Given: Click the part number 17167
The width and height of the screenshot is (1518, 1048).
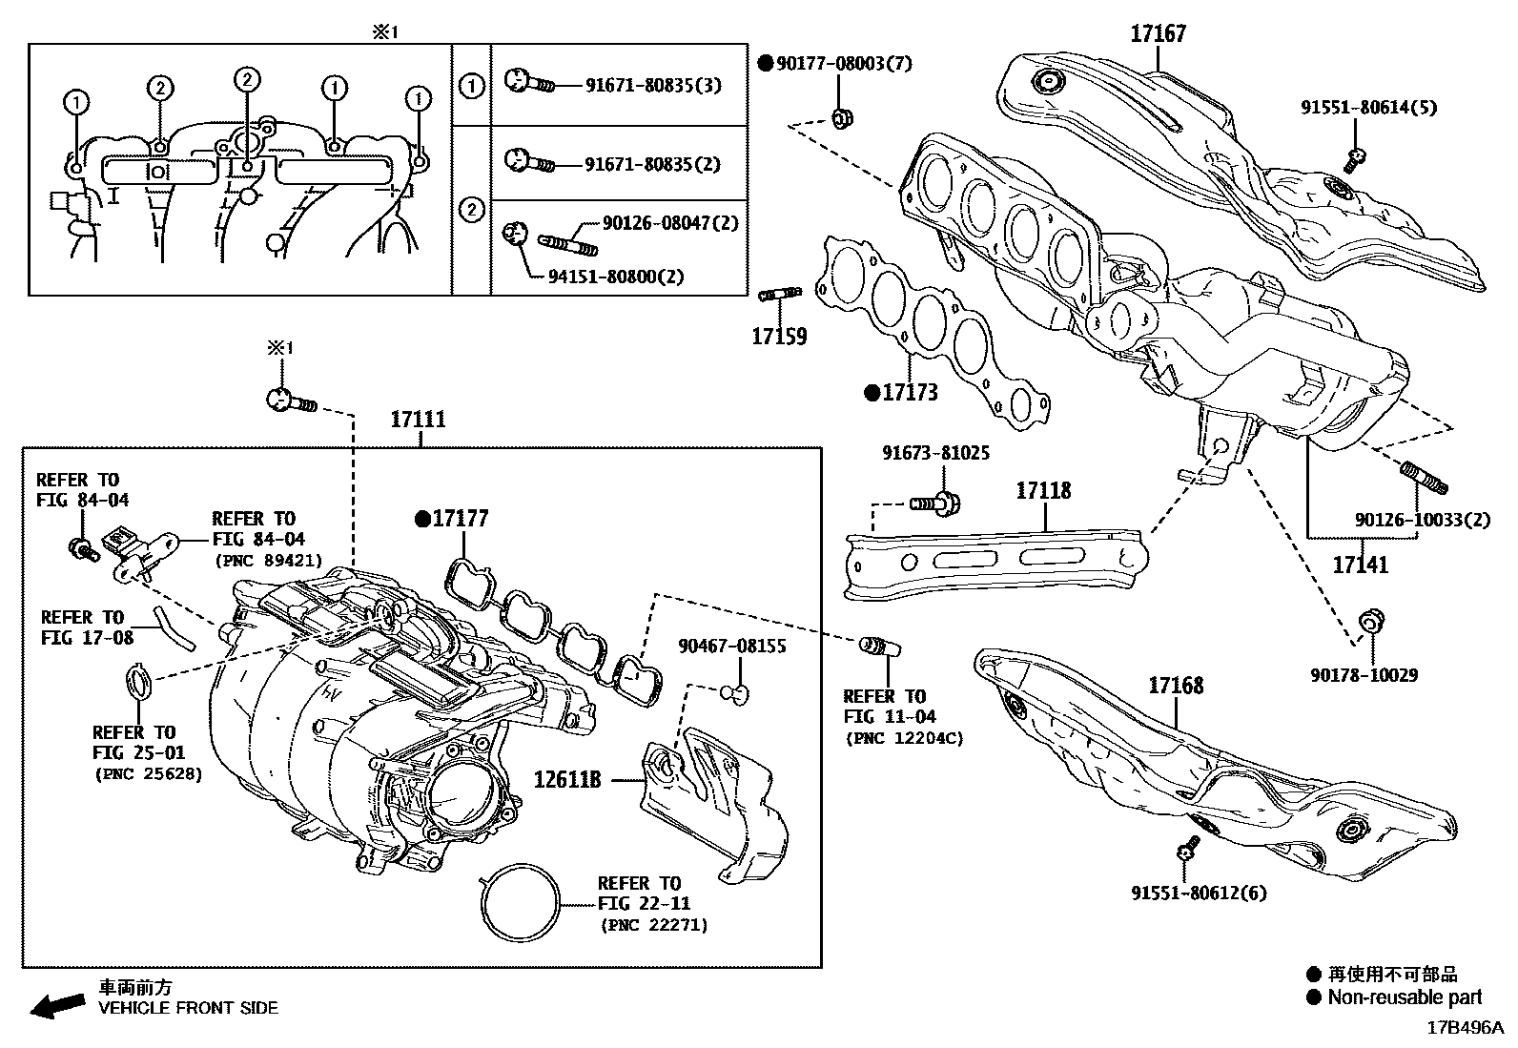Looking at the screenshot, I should point(1159,34).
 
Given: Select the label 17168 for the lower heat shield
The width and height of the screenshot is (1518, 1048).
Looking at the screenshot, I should point(1176,686).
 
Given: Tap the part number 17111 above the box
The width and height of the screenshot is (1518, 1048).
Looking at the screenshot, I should point(419,420).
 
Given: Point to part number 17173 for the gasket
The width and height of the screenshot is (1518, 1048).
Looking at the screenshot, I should point(910,392).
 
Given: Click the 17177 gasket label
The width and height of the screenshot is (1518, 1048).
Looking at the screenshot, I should point(461,519).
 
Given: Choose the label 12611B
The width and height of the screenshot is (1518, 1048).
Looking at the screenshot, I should point(567,780).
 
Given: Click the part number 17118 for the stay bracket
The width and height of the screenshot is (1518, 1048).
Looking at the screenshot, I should point(1043,491).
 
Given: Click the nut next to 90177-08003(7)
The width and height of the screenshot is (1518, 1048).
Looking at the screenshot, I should point(842,118).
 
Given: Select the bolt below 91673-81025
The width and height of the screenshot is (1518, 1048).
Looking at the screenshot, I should point(935,503).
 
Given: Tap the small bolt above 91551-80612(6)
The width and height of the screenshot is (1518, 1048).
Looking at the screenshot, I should point(1188,846).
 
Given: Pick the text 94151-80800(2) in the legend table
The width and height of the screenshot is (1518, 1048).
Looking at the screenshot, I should point(615,277).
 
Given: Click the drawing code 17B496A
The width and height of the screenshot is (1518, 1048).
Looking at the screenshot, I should point(1464,1029).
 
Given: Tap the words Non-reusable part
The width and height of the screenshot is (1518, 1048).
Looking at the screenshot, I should point(1405,997).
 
